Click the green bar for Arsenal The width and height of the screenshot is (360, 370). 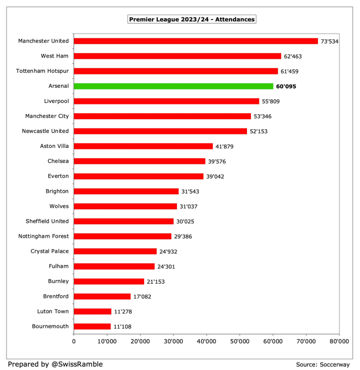[x=173, y=86]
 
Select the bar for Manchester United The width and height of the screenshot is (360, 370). [x=195, y=41]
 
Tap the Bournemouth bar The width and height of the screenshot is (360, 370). [x=92, y=327]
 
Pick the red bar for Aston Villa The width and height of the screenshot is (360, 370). [x=143, y=146]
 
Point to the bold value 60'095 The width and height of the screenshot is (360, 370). [x=286, y=86]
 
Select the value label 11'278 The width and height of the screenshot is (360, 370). [x=124, y=312]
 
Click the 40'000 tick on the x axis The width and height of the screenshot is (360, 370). [x=206, y=342]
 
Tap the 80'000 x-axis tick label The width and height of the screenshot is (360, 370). [x=338, y=342]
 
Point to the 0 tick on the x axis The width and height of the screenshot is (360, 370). [x=74, y=342]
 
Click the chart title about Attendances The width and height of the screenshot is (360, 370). [x=192, y=19]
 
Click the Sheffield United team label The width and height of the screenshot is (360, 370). [x=47, y=221]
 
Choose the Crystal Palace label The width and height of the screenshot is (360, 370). [x=49, y=251]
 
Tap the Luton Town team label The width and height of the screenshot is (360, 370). [x=53, y=311]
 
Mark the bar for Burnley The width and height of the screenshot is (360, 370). [x=109, y=282]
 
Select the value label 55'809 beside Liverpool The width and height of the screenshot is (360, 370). [x=272, y=101]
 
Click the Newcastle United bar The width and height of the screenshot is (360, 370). [x=160, y=131]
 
